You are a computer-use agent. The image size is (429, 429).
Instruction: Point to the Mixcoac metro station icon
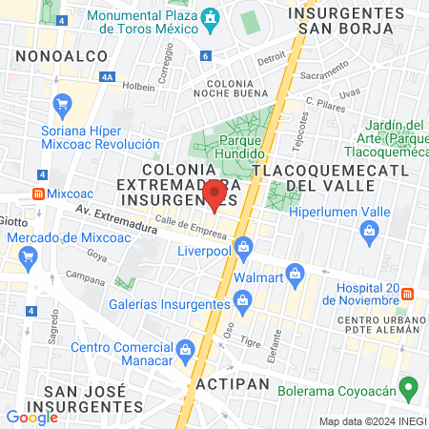pyautogui.click(x=37, y=193)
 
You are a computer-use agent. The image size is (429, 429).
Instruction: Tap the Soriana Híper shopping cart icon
pyautogui.click(x=63, y=105)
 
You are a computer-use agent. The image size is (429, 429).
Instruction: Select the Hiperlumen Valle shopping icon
pyautogui.click(x=369, y=230)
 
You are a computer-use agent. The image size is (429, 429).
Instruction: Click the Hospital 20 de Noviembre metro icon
pyautogui.click(x=407, y=293)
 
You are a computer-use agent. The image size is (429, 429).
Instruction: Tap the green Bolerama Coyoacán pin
pyautogui.click(x=409, y=388)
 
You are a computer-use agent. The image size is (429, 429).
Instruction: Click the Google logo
pyautogui.click(x=31, y=417)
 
